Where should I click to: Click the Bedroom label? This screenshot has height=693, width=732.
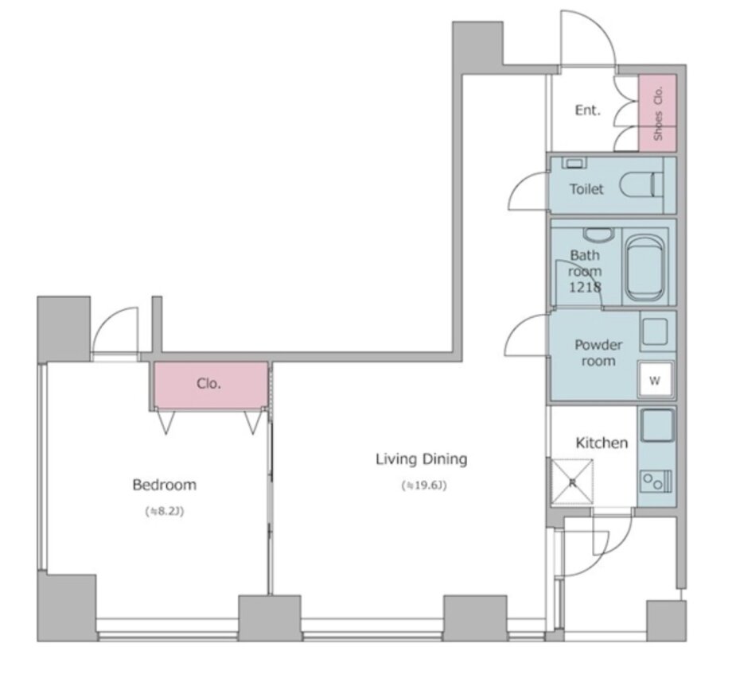pyautogui.click(x=165, y=485)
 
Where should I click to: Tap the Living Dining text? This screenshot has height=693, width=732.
pyautogui.click(x=422, y=459)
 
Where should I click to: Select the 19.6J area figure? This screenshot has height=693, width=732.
pyautogui.click(x=424, y=486)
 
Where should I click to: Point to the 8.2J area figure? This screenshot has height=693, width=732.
pyautogui.click(x=165, y=511)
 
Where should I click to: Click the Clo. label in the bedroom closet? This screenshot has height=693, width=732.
pyautogui.click(x=208, y=384)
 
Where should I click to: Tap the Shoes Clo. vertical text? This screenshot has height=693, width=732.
pyautogui.click(x=658, y=114)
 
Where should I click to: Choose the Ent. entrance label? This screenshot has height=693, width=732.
pyautogui.click(x=588, y=110)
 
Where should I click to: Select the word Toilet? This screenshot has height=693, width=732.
pyautogui.click(x=586, y=189)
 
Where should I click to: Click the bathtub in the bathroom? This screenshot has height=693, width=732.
pyautogui.click(x=644, y=267)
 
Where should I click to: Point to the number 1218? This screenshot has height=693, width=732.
pyautogui.click(x=585, y=287)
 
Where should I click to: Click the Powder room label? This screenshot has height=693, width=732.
pyautogui.click(x=598, y=353)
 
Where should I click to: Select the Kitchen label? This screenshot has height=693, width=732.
pyautogui.click(x=602, y=443)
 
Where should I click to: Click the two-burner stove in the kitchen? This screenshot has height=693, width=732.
pyautogui.click(x=656, y=481)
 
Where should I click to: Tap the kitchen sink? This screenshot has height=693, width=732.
pyautogui.click(x=657, y=425)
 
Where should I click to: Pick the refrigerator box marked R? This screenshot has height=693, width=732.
pyautogui.click(x=572, y=482)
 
